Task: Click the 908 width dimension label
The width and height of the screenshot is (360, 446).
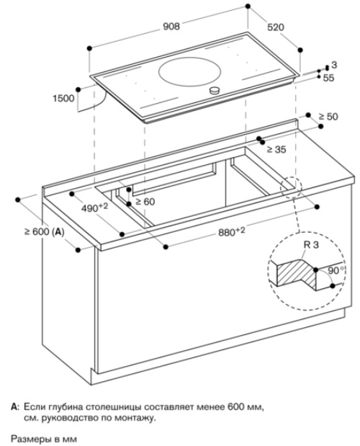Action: click(171, 26)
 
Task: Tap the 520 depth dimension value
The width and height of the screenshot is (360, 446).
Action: click(276, 27)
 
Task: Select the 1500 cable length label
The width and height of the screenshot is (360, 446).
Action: click(63, 99)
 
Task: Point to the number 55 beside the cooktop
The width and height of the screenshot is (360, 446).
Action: click(328, 78)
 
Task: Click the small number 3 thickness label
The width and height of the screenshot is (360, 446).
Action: click(334, 65)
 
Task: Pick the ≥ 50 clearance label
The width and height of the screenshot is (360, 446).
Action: click(328, 116)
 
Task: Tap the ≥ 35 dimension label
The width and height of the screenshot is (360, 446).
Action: click(276, 149)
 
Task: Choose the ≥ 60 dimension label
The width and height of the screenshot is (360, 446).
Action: click(145, 201)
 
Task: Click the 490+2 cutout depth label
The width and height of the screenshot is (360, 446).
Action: click(94, 208)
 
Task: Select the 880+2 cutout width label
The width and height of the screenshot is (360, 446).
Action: click(232, 231)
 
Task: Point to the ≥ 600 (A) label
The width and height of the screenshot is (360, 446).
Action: click(45, 232)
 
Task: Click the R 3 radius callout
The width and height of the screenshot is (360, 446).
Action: click(311, 245)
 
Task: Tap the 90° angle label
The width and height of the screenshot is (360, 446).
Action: click(336, 270)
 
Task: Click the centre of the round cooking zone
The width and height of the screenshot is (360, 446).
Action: click(189, 72)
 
